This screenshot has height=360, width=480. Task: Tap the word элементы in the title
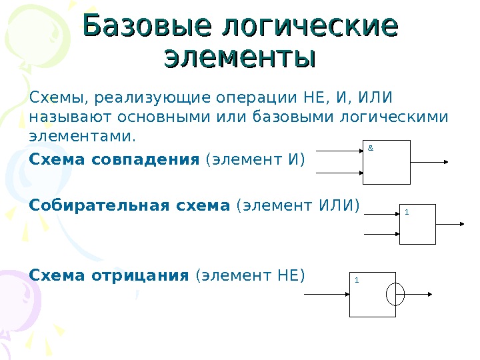pos(239,57)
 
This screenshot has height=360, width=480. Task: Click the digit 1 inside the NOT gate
pos(357,280)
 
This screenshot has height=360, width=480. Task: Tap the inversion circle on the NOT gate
pos(395,293)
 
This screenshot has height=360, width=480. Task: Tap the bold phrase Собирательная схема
pos(129,206)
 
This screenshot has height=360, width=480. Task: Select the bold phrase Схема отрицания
pos(110,274)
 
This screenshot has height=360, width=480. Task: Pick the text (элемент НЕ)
pos(249,274)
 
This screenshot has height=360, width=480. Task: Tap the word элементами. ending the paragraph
pos(82,137)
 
